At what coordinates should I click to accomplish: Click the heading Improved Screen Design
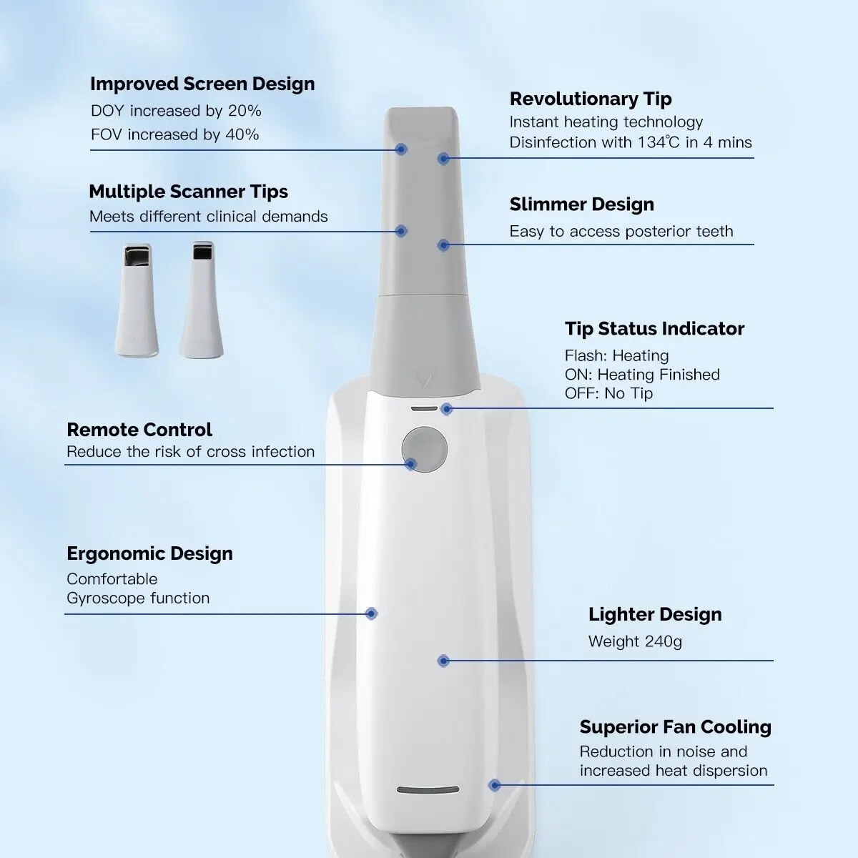click(202, 84)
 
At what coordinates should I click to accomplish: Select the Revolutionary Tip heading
click(591, 99)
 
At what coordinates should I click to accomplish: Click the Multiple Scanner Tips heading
click(188, 192)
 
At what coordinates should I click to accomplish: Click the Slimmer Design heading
click(581, 204)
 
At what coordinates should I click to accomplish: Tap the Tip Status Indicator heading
click(654, 329)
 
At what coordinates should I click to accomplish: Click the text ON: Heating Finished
click(642, 375)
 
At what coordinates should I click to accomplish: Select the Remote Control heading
click(139, 430)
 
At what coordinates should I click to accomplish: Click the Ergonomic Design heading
click(149, 553)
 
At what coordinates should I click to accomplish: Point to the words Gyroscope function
click(138, 598)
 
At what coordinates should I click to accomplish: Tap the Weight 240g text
click(635, 641)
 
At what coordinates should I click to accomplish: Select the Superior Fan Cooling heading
click(675, 727)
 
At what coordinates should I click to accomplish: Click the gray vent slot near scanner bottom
click(428, 790)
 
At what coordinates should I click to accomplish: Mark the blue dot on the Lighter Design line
click(443, 661)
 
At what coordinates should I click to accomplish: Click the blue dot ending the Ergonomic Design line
click(371, 613)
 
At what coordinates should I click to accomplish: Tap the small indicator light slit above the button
click(423, 408)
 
